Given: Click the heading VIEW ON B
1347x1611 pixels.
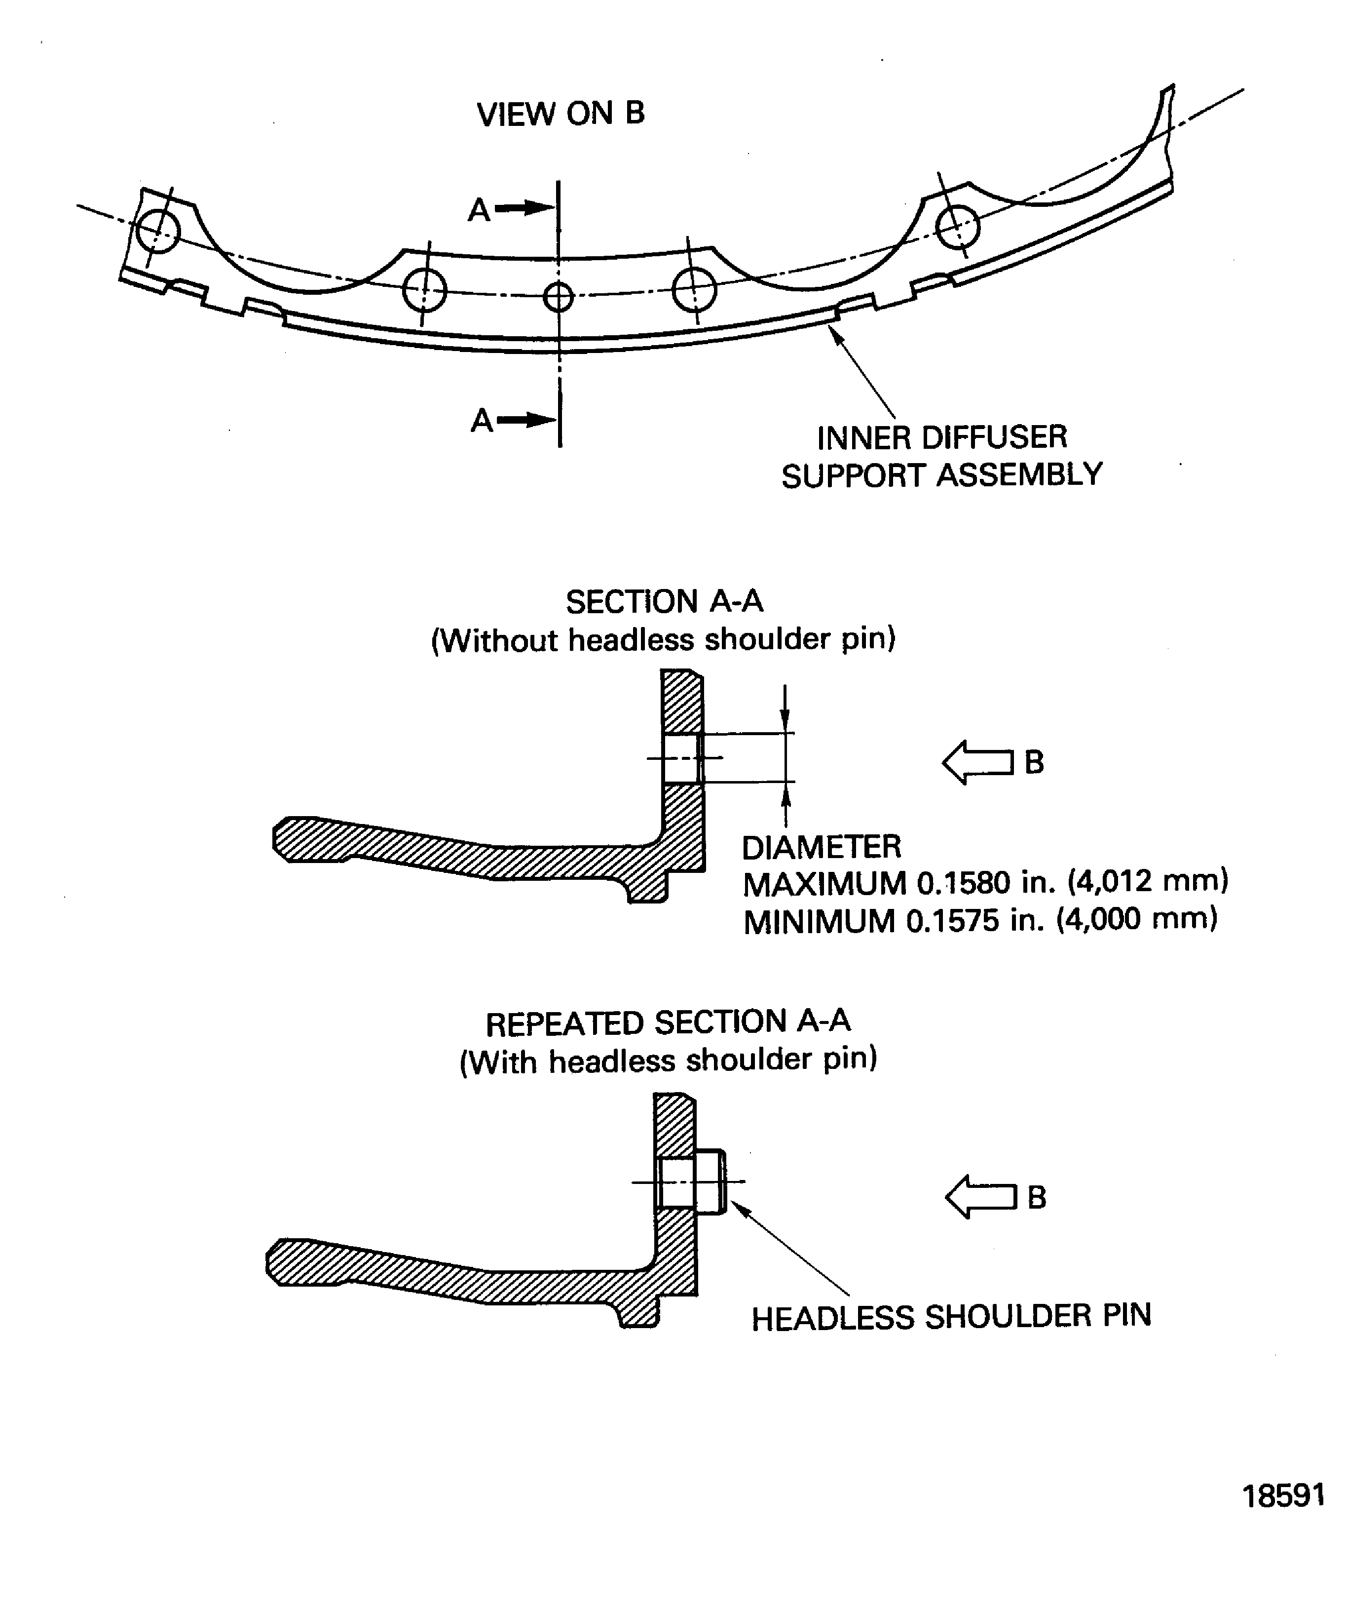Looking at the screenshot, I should coord(561,114).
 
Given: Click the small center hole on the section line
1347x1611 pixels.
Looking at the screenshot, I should coord(558,296).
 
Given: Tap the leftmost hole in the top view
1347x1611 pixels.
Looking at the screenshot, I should coord(158,230).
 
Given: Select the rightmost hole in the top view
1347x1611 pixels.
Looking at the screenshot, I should coord(958,226).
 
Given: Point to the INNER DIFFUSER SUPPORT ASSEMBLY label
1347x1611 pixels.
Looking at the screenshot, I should coord(941,457).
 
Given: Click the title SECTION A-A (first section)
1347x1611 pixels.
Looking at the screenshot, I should coord(664,601).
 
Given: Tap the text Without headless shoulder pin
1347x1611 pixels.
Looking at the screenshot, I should coord(664,639).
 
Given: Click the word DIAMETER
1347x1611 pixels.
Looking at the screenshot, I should coord(821,847).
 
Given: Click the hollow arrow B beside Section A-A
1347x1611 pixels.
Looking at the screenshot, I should coord(978,762).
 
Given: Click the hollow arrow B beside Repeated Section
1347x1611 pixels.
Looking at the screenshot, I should coord(981,1197).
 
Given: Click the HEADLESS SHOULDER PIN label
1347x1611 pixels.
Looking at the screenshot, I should coord(951,1316).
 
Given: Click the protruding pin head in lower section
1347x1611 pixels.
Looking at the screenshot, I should coord(711,1182).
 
